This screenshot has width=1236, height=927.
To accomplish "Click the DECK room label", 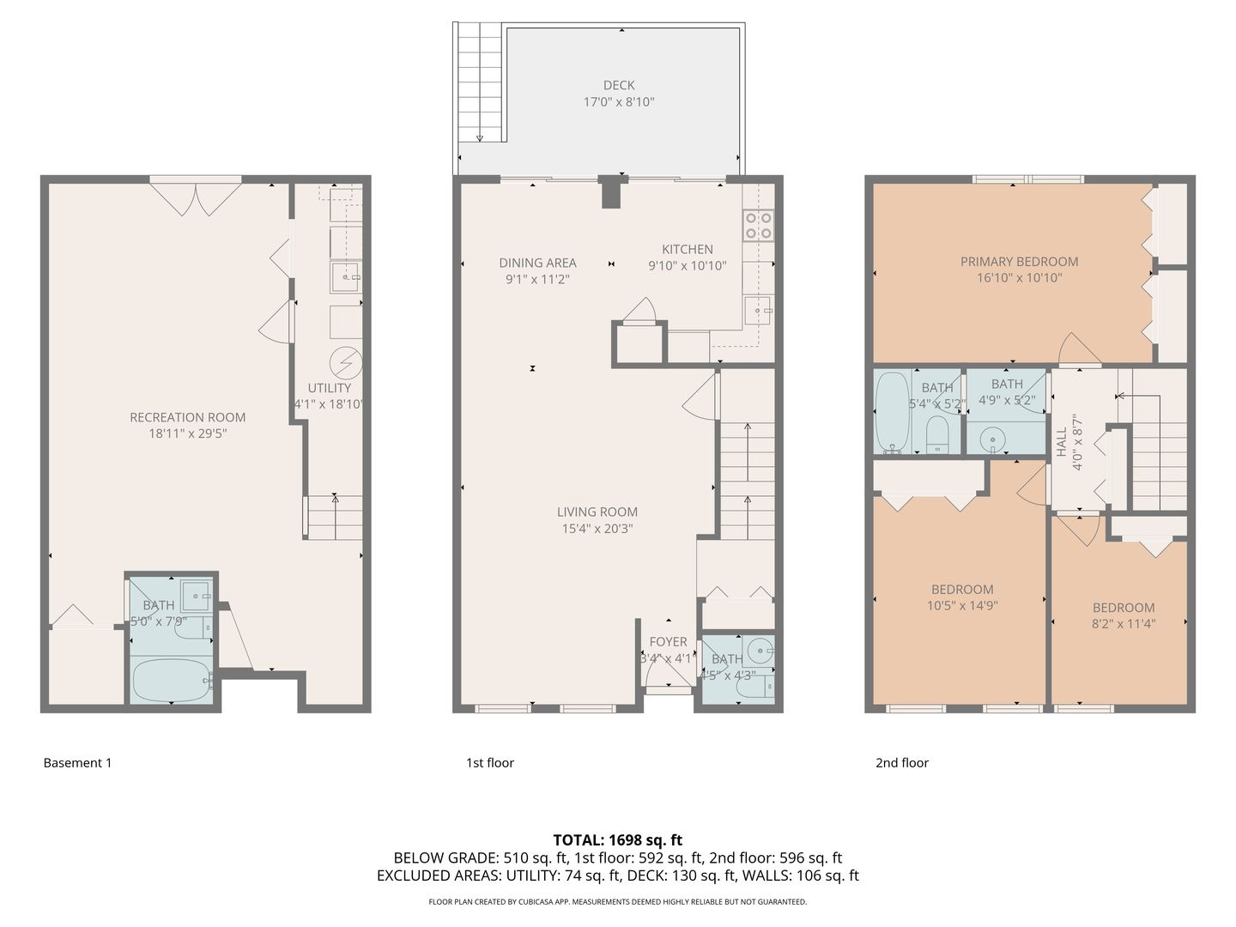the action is pyautogui.click(x=619, y=85).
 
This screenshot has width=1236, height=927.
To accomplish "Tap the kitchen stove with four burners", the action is pyautogui.click(x=758, y=226).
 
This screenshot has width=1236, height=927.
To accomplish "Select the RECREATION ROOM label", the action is pyautogui.click(x=187, y=417).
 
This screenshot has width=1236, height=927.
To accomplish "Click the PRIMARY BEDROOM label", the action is pyautogui.click(x=1019, y=261).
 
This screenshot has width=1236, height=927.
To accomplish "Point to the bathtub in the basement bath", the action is pyautogui.click(x=171, y=680).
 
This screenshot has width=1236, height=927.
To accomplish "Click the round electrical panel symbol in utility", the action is pyautogui.click(x=346, y=362).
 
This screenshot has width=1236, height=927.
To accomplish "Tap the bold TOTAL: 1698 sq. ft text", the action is pyautogui.click(x=618, y=839).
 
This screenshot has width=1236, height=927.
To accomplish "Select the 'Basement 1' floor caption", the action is pyautogui.click(x=78, y=763).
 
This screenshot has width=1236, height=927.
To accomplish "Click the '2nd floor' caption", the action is pyautogui.click(x=902, y=763).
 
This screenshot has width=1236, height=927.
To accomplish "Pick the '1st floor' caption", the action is pyautogui.click(x=490, y=763).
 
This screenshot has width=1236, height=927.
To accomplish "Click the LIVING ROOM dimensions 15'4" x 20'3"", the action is pyautogui.click(x=597, y=529).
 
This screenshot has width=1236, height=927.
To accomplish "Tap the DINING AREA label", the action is pyautogui.click(x=538, y=263).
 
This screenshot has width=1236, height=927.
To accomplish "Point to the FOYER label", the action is pyautogui.click(x=669, y=642).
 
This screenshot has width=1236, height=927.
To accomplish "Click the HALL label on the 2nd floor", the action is pyautogui.click(x=1062, y=442).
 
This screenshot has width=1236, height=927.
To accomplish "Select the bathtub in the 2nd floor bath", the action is pyautogui.click(x=893, y=412).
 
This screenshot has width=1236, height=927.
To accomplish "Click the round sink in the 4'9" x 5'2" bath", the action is pyautogui.click(x=993, y=438).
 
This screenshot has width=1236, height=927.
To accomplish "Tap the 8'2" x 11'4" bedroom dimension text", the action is pyautogui.click(x=1124, y=624).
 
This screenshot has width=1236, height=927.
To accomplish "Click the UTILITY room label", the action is pyautogui.click(x=330, y=388).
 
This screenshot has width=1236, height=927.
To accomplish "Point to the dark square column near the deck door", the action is pyautogui.click(x=611, y=192).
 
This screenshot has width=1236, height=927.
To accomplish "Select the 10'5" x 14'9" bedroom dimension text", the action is pyautogui.click(x=962, y=606).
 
